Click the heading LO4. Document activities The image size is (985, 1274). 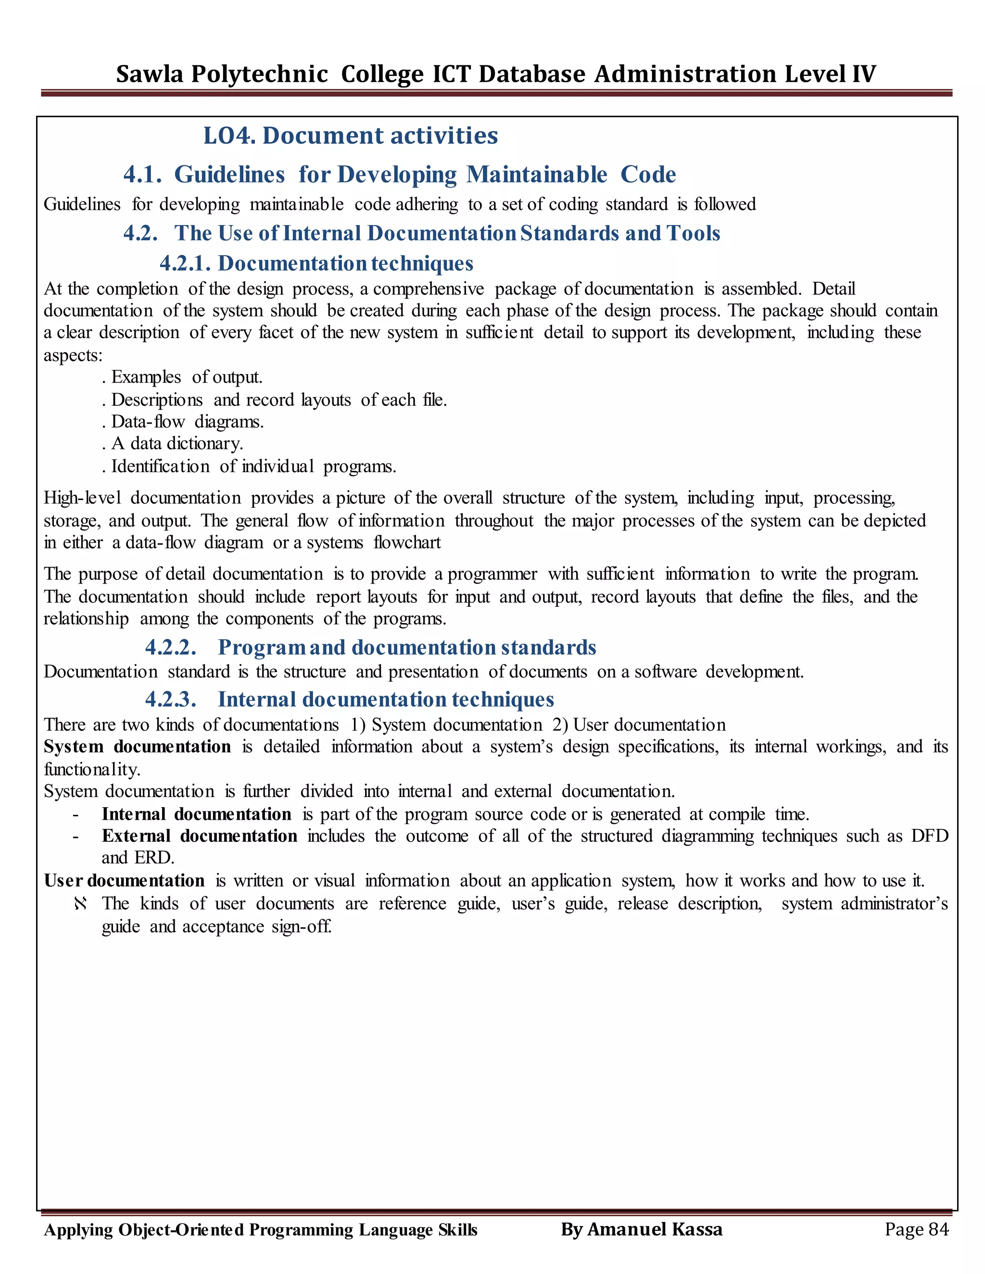[350, 136]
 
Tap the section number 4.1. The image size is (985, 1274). [142, 175]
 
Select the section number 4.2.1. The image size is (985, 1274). [184, 263]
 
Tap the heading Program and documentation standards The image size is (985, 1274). [407, 648]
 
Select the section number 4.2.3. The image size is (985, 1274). [170, 699]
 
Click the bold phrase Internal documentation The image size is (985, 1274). [196, 814]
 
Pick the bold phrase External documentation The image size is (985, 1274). [199, 836]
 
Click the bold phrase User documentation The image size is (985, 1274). [124, 880]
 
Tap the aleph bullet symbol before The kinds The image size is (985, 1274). [80, 904]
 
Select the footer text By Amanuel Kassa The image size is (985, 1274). [641, 1229]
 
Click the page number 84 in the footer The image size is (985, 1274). [938, 1229]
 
